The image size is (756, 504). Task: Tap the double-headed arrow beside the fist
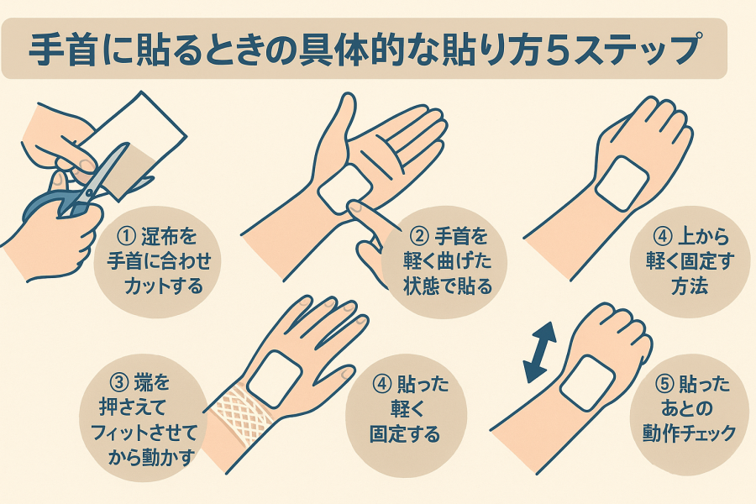click(x=540, y=353)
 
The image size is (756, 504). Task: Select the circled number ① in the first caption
click(x=125, y=236)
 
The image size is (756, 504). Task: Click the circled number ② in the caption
click(x=418, y=236)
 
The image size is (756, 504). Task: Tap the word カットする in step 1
click(x=164, y=286)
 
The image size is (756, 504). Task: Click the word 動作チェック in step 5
click(x=689, y=433)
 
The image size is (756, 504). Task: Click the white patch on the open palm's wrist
click(x=345, y=190)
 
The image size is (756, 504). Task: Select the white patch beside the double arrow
click(x=587, y=383)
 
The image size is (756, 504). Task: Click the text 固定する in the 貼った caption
click(x=405, y=433)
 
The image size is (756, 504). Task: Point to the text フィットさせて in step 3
click(x=144, y=432)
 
